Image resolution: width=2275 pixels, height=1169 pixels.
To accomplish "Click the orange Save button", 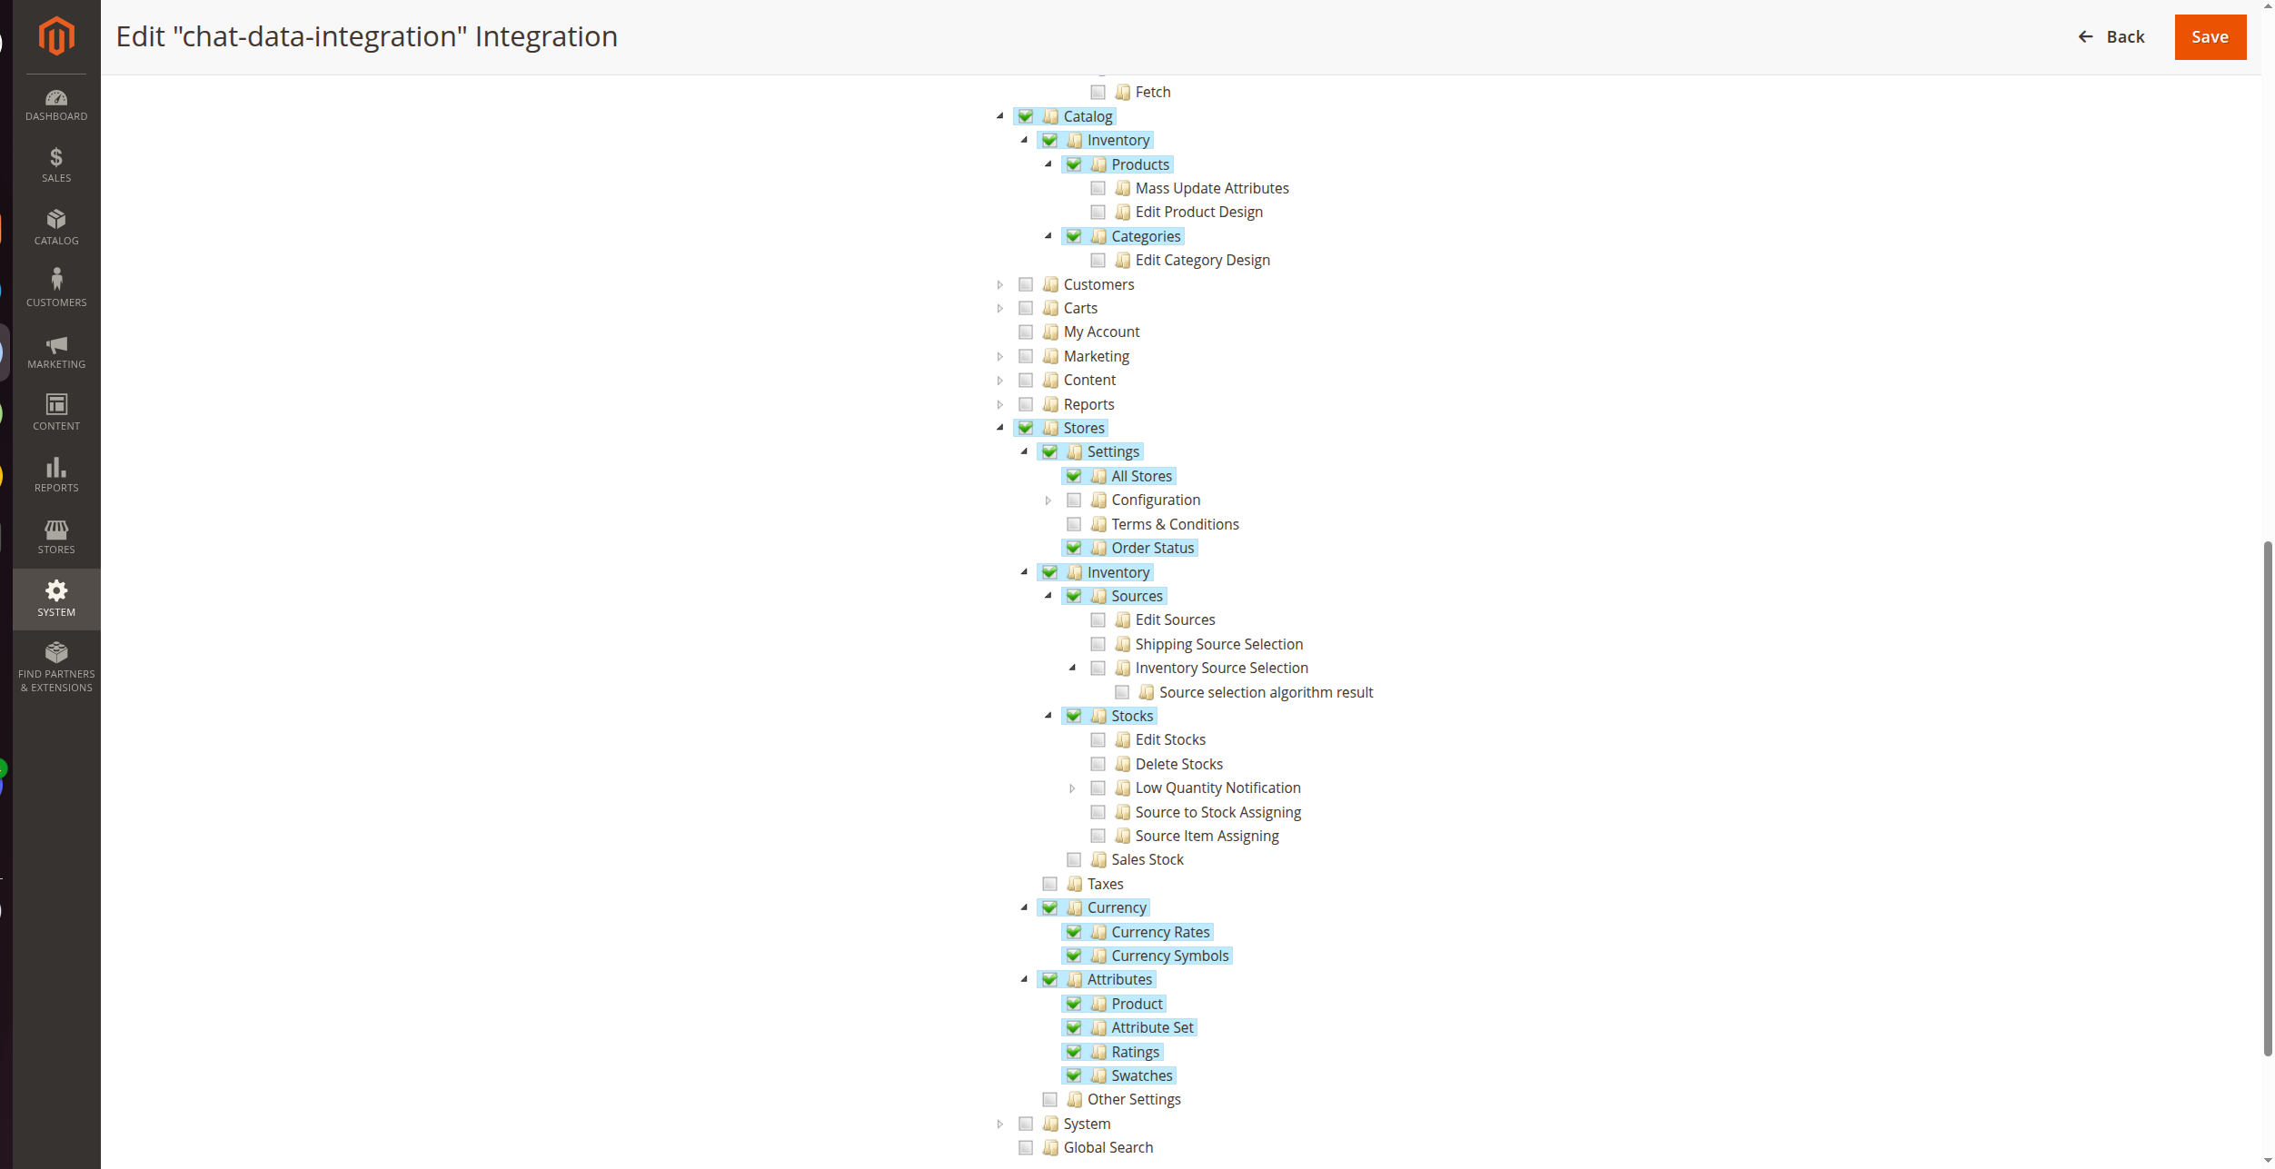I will tap(2209, 37).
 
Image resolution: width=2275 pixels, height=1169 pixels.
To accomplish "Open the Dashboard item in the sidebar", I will tap(56, 105).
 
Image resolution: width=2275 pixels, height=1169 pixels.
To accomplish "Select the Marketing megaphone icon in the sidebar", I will tap(56, 345).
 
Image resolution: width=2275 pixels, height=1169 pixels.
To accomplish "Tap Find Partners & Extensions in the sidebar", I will tap(56, 667).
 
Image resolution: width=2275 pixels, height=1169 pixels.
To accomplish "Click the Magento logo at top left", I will tap(56, 36).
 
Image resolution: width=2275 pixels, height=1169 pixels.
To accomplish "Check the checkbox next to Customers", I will tap(1026, 284).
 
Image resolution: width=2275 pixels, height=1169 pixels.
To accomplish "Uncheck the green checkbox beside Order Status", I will tap(1074, 548).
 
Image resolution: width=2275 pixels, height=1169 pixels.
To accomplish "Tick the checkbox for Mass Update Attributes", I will tap(1098, 188).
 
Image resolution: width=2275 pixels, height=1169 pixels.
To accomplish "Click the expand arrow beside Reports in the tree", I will tap(1000, 404).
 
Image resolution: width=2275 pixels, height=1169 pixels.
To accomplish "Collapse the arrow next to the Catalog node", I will tap(1000, 116).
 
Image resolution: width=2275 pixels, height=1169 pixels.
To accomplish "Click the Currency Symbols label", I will tap(1169, 956).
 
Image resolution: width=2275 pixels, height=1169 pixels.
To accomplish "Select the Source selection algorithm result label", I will tap(1266, 692).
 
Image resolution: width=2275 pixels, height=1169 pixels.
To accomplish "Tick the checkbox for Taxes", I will tap(1049, 884).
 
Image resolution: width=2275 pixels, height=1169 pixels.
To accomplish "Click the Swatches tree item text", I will tap(1141, 1075).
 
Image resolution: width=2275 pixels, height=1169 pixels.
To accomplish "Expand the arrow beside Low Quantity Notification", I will tap(1072, 788).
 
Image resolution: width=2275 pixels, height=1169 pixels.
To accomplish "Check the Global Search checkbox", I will tap(1026, 1147).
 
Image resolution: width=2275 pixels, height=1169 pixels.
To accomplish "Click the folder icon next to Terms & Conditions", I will tap(1098, 524).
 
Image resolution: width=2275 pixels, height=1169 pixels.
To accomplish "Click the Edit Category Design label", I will tap(1202, 260).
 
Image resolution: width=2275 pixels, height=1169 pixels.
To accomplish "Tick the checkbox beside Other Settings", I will tap(1049, 1099).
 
